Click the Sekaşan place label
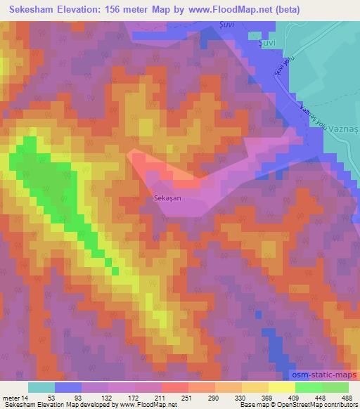pyautogui.click(x=167, y=199)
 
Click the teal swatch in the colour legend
pyautogui.click(x=41, y=387)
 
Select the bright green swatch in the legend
pyautogui.click(x=308, y=387)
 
